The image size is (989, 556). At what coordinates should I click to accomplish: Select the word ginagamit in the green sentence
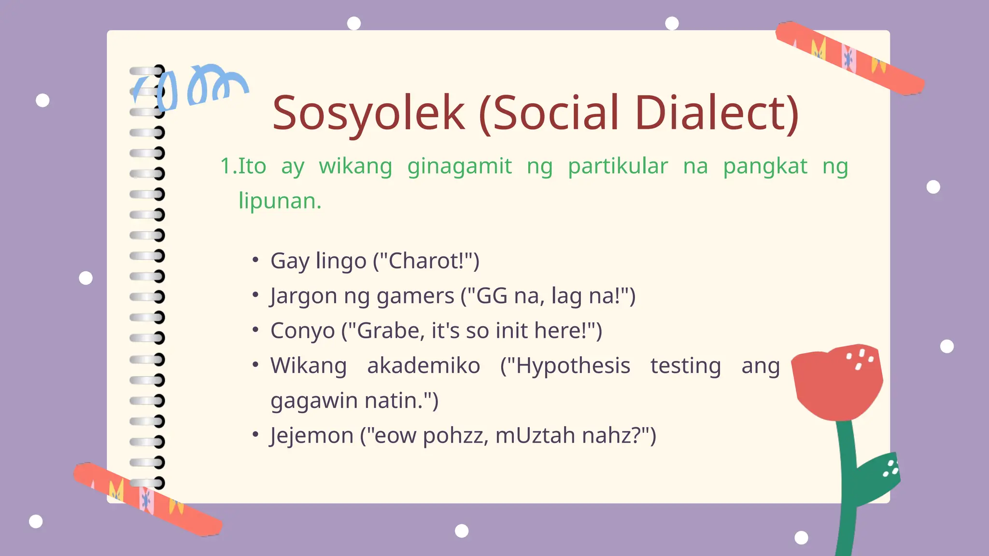(459, 167)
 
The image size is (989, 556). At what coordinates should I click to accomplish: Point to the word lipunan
(280, 201)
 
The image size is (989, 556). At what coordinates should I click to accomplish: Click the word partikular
(618, 167)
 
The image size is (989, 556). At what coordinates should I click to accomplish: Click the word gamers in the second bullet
(415, 296)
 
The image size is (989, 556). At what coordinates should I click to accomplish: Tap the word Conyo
(302, 331)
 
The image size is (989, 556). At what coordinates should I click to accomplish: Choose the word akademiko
(424, 366)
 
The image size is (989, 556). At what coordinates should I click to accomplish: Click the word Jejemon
(311, 435)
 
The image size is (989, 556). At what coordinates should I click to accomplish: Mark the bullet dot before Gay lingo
(255, 260)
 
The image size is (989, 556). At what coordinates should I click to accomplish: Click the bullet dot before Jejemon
(255, 434)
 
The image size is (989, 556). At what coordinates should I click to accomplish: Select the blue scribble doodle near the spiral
(193, 87)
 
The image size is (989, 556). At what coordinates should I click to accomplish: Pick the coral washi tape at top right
(850, 58)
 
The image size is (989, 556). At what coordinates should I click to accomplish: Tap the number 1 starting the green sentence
(225, 167)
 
